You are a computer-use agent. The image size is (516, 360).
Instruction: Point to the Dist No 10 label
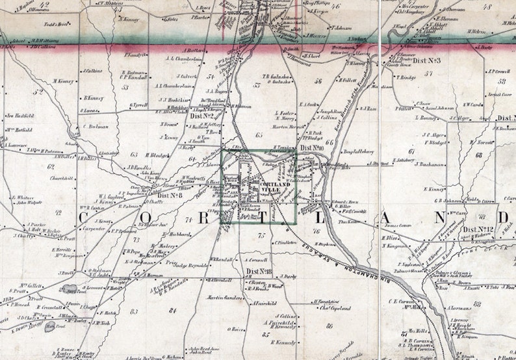click(313, 148)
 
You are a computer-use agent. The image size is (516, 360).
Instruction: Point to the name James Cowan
click(398, 225)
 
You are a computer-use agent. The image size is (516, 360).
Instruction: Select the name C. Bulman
click(96, 127)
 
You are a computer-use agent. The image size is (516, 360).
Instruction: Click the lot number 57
click(429, 73)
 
